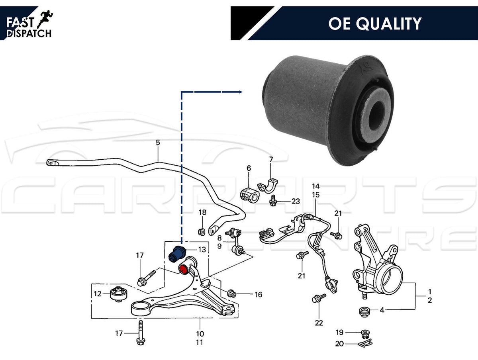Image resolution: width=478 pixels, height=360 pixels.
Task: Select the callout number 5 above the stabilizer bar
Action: [158, 142]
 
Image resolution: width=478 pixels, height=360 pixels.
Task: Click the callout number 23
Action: [295, 201]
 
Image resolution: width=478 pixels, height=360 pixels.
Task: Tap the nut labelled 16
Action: [232, 294]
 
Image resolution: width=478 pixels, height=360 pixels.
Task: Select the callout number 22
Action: [319, 323]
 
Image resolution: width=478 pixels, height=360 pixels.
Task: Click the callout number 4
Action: [382, 310]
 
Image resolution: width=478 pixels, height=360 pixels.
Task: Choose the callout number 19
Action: [339, 332]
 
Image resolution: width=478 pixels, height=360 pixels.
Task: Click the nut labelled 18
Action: [202, 231]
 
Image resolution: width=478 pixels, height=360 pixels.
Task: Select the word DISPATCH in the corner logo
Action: [29, 33]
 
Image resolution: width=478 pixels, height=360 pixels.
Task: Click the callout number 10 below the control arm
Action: [200, 334]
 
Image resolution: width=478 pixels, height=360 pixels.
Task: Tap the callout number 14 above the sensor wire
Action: [315, 186]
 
